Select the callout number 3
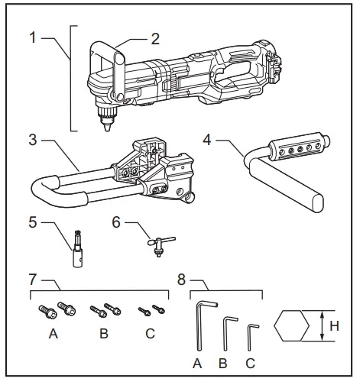point(33,141)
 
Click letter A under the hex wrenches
point(197,364)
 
